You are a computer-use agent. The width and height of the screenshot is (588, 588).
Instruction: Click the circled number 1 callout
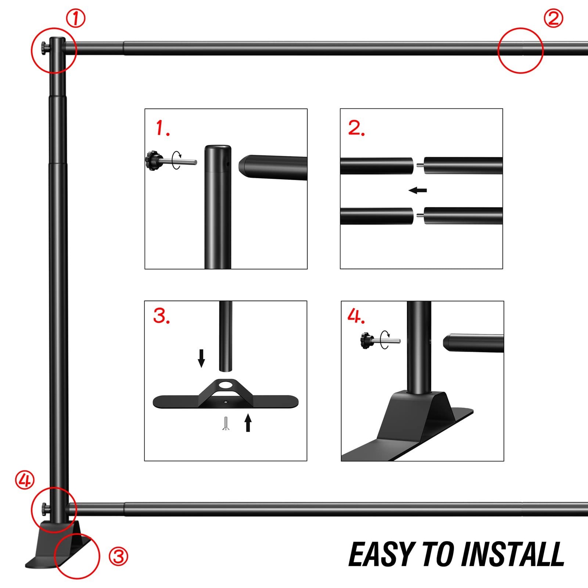75,18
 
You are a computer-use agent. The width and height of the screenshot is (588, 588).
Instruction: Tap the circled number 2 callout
553,18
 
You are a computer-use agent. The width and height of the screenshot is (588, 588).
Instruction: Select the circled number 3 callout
118,556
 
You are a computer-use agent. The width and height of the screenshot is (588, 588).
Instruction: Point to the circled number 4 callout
25,480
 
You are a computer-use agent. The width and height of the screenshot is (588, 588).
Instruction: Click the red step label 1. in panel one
162,128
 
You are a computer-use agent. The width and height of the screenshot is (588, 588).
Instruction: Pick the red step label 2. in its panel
356,128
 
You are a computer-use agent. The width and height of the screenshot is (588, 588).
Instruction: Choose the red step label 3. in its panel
162,316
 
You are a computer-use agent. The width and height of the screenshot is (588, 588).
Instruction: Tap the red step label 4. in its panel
356,316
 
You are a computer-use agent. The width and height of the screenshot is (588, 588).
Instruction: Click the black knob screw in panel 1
154,161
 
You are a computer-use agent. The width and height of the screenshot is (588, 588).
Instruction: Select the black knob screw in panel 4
366,340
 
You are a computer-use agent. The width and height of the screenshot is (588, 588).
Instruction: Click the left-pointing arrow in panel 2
417,190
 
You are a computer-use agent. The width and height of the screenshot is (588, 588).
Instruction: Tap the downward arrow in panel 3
201,358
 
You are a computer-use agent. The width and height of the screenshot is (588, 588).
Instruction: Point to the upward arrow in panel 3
248,422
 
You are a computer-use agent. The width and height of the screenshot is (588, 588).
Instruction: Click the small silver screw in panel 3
226,423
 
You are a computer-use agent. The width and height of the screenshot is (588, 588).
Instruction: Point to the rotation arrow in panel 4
385,340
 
